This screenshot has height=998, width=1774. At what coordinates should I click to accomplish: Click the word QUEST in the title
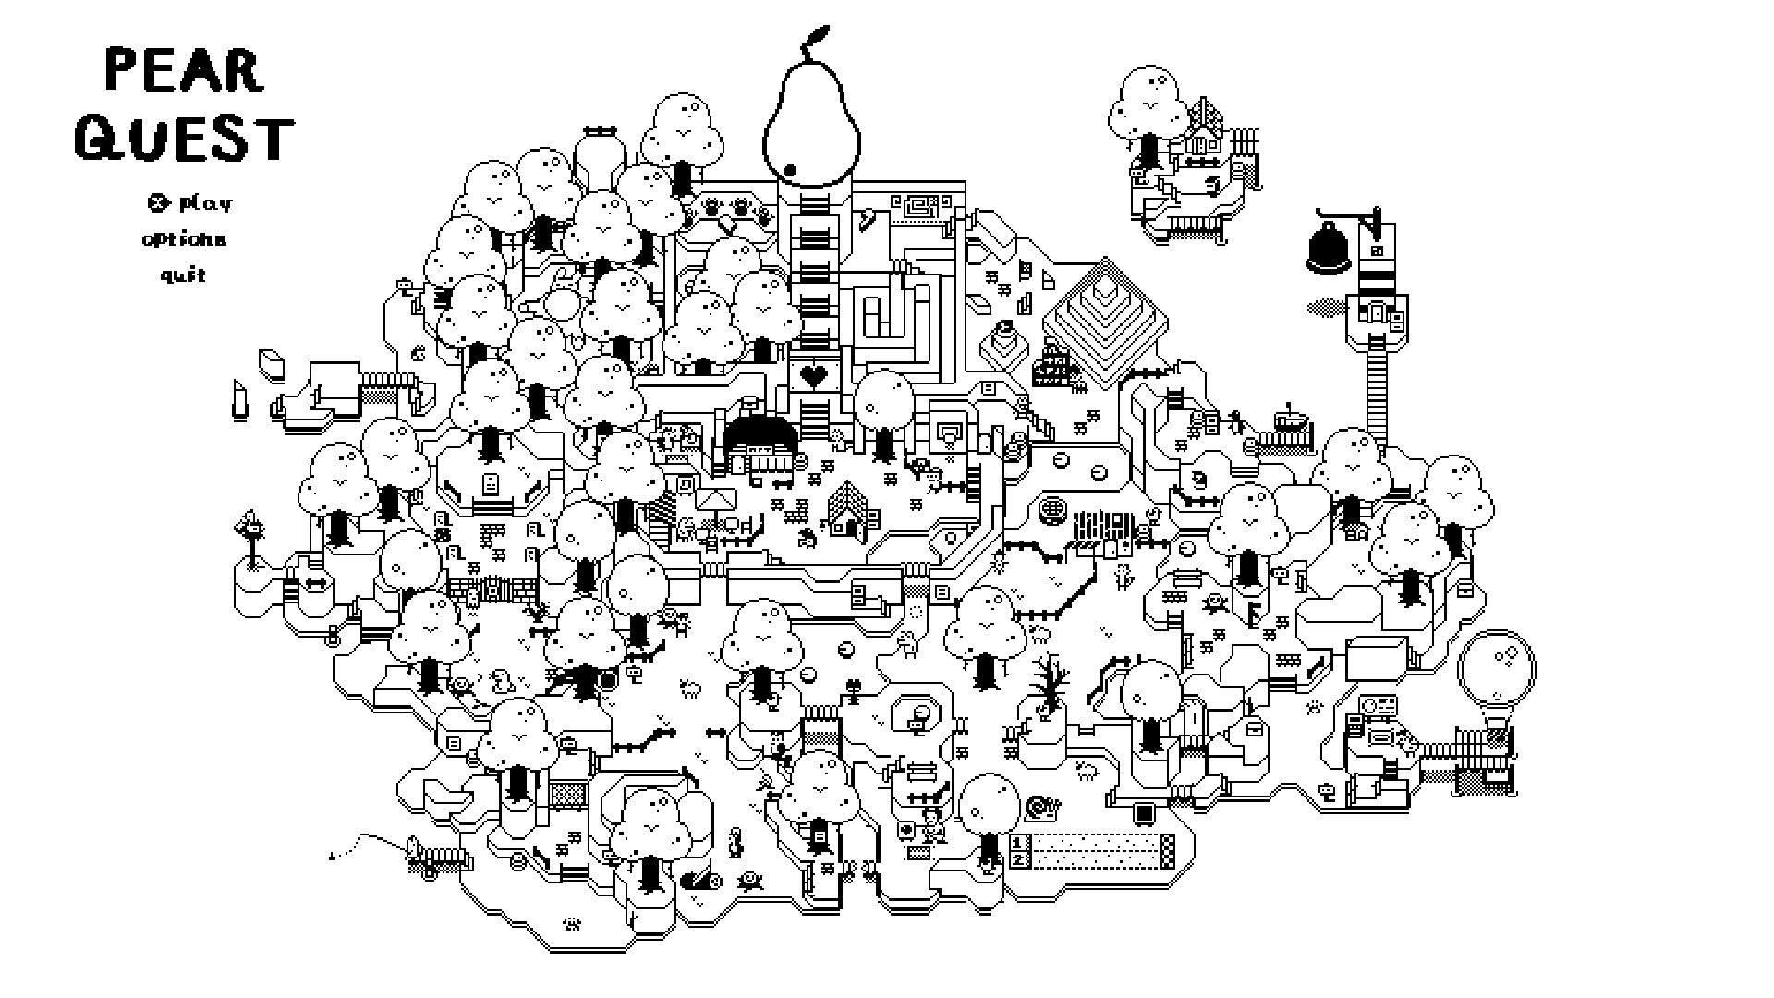point(185,139)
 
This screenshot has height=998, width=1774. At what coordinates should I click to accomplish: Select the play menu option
point(205,202)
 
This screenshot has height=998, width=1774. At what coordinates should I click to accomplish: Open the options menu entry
point(184,239)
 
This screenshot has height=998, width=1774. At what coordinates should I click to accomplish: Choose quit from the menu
point(184,274)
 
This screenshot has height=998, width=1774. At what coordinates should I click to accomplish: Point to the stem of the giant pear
point(813,39)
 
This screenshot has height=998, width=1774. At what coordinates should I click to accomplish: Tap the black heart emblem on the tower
point(813,375)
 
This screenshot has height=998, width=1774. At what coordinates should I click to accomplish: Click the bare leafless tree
point(1049,687)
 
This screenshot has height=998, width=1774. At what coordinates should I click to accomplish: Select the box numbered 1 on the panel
point(1020,843)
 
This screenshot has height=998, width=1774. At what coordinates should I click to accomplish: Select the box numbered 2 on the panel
point(1020,859)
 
